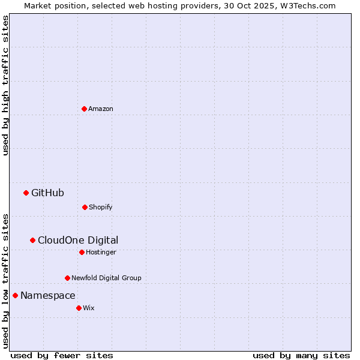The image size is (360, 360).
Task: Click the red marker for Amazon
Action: click(x=84, y=109)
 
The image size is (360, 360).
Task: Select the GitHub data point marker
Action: click(x=26, y=193)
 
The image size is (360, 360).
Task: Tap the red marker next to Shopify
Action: click(x=85, y=207)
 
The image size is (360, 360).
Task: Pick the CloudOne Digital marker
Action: click(x=32, y=240)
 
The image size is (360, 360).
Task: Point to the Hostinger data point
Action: click(x=82, y=252)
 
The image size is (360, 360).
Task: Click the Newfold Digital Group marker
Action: click(x=67, y=278)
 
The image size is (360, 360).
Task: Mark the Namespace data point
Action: click(x=15, y=295)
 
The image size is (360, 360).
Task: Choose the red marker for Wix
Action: click(x=79, y=308)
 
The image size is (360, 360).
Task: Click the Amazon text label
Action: click(x=101, y=109)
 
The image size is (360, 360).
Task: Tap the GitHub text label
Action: click(x=47, y=193)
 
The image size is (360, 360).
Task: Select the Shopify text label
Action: click(x=101, y=207)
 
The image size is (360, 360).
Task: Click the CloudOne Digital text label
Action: click(x=78, y=240)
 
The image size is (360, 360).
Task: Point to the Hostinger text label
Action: click(x=101, y=252)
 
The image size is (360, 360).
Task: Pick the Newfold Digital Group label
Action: click(x=106, y=278)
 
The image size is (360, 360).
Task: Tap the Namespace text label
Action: click(x=48, y=295)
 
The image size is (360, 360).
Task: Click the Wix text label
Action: click(x=89, y=308)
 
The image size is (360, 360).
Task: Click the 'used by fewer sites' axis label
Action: click(x=62, y=355)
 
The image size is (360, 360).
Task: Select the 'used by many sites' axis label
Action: click(x=301, y=355)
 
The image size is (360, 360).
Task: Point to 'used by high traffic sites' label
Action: click(x=5, y=85)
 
